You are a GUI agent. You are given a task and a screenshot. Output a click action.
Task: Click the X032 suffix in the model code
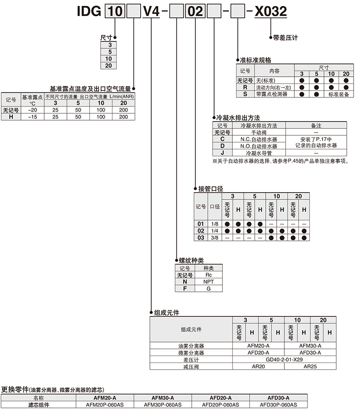pyautogui.click(x=271, y=11)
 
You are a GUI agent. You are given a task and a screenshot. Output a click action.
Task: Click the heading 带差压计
pyautogui.click(x=285, y=38)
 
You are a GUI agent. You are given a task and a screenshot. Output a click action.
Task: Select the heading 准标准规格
pyautogui.click(x=256, y=60)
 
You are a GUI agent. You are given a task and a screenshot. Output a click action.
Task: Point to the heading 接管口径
pyautogui.click(x=211, y=189)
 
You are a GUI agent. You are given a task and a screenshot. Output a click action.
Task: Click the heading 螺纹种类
pyautogui.click(x=191, y=260)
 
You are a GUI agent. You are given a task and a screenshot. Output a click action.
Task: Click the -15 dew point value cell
pyautogui.click(x=32, y=117)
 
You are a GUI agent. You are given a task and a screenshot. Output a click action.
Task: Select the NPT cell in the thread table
pyautogui.click(x=208, y=281)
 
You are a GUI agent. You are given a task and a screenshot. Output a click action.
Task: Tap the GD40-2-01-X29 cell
pyautogui.click(x=284, y=360)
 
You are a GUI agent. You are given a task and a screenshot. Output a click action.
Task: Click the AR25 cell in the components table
pyautogui.click(x=310, y=367)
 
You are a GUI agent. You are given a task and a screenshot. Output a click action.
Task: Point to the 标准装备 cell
pyautogui.click(x=339, y=94)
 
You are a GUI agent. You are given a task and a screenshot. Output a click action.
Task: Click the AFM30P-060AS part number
pyautogui.click(x=163, y=405)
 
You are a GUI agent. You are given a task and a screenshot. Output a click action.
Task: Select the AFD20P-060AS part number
pyautogui.click(x=221, y=405)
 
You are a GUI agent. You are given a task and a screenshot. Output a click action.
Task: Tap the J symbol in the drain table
pyautogui.click(x=222, y=153)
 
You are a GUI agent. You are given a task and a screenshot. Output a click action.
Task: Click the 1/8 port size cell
pyautogui.click(x=214, y=224)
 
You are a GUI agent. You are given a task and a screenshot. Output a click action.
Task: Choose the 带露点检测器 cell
pyautogui.click(x=272, y=94)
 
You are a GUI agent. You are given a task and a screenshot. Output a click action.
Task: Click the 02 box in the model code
pyautogui.click(x=195, y=11)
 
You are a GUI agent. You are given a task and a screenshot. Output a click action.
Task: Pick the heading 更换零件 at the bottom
pyautogui.click(x=15, y=389)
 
